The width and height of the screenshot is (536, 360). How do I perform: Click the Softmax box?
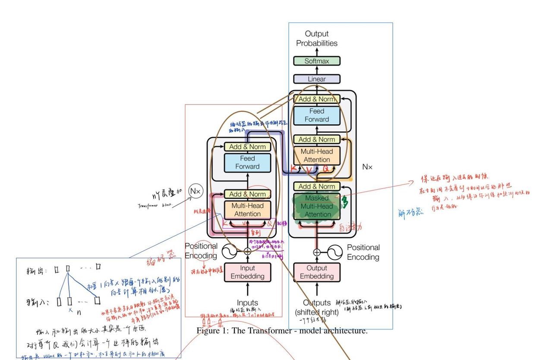[x=317, y=61]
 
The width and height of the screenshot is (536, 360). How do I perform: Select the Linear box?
[x=317, y=79]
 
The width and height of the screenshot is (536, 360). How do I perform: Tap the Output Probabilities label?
[x=317, y=38]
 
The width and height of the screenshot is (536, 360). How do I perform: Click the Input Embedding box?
[x=247, y=272]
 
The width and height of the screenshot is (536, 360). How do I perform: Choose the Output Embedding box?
[x=317, y=272]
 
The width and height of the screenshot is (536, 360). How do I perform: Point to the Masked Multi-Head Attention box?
[x=317, y=206]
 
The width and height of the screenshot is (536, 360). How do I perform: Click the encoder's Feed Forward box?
[x=247, y=162]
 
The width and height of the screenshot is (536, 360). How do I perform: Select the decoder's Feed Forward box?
[x=317, y=115]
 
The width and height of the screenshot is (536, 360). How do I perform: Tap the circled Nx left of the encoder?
[x=196, y=191]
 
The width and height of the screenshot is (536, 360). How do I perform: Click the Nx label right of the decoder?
[x=367, y=167]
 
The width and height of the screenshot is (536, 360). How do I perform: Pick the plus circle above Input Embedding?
[x=247, y=251]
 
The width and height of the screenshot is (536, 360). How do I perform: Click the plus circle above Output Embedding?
[x=317, y=252]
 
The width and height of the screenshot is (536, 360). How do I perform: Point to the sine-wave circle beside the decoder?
[x=334, y=252]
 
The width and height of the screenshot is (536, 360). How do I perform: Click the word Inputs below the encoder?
[x=247, y=303]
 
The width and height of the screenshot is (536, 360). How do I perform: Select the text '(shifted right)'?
[x=317, y=312]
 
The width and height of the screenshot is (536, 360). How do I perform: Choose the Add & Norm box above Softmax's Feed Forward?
[x=317, y=99]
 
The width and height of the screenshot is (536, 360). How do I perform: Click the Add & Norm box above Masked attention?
[x=317, y=186]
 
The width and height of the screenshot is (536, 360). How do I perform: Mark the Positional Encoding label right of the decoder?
[x=363, y=252]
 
